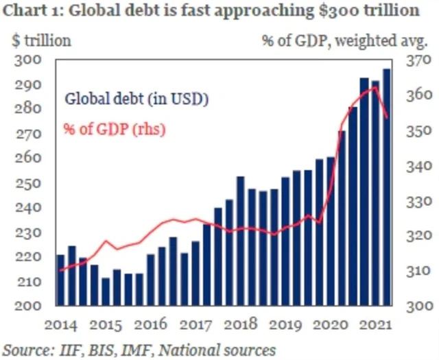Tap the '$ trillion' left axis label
coord(41,40)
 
